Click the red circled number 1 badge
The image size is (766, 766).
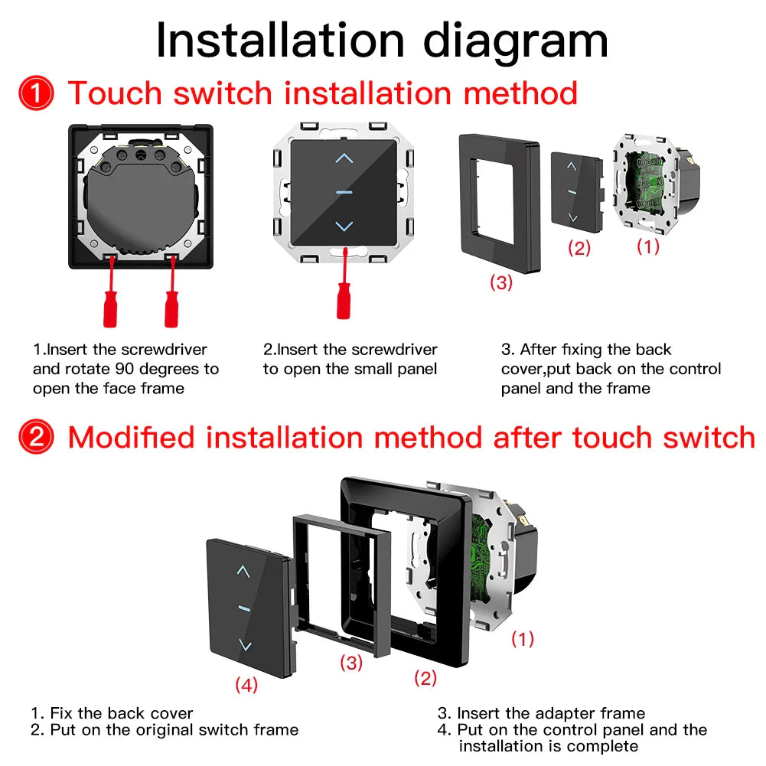coord(36,94)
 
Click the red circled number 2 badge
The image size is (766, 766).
coord(36,438)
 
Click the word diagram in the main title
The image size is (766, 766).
coord(517,41)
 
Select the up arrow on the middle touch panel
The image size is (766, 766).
coord(344,159)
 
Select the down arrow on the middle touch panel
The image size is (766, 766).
coord(344,227)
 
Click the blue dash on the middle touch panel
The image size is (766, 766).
coord(344,192)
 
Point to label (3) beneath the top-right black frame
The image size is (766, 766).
coord(501,282)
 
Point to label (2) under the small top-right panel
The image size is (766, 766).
coord(579,248)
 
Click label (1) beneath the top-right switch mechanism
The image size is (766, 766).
coord(647,246)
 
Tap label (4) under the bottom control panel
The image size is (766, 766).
coord(246,685)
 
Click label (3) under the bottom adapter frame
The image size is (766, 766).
coord(350,663)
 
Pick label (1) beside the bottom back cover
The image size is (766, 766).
coord(523,638)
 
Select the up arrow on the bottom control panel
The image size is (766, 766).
coord(243,571)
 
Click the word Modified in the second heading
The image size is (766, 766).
coord(132,438)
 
